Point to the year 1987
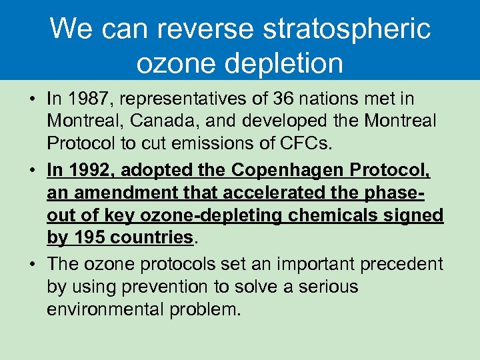pos(86,99)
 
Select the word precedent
pos(401,263)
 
